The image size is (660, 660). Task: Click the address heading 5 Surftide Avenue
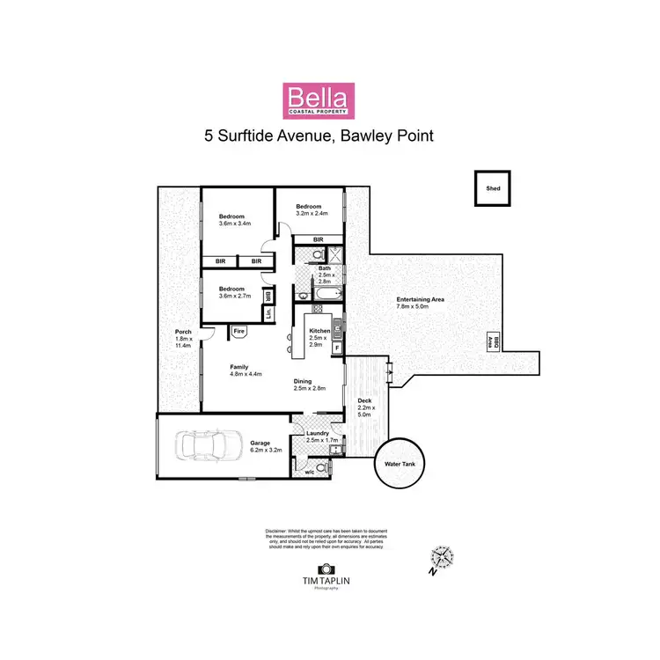tap(318, 136)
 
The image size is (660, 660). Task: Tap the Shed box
tap(493, 188)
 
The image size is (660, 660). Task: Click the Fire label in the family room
tap(238, 331)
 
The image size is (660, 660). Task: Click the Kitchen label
tap(319, 330)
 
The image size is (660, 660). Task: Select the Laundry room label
tap(317, 433)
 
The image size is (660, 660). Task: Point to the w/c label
tap(309, 473)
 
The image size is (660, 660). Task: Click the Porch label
tap(182, 332)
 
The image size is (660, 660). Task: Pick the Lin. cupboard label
tap(268, 312)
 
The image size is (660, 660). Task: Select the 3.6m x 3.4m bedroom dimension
tap(234, 224)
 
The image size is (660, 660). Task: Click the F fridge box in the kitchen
tap(337, 348)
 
